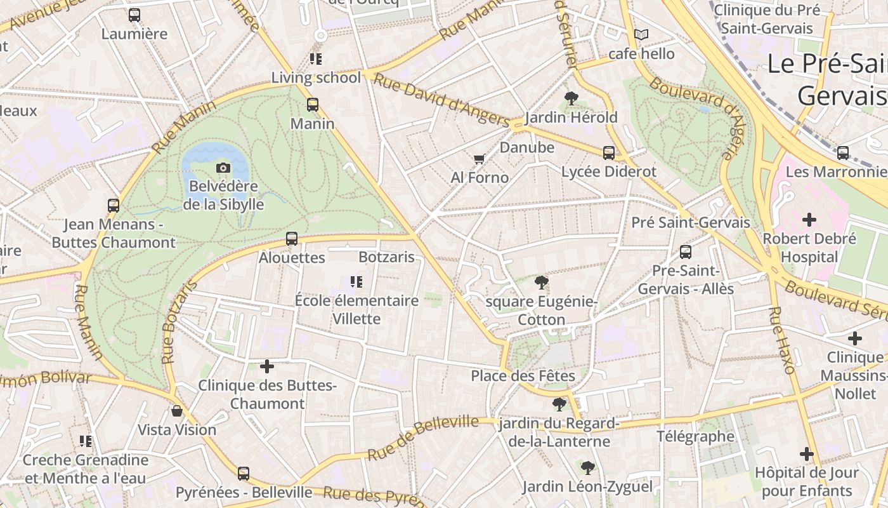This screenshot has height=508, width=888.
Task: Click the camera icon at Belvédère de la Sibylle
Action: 223,168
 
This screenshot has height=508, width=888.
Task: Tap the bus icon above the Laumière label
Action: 134,15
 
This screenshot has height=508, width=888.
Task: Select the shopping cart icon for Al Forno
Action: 480,159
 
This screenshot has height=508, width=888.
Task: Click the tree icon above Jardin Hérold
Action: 571,98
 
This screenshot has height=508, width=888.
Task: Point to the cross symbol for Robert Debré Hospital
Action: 809,220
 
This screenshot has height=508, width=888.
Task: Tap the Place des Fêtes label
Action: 523,376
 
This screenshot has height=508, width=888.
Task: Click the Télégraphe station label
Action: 695,436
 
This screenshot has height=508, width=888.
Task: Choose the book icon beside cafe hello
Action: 641,34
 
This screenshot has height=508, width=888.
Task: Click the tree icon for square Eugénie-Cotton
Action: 541,282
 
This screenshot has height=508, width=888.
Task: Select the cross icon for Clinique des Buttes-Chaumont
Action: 267,366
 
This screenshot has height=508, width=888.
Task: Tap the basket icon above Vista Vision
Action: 177,411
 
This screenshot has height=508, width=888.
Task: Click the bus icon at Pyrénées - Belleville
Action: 244,473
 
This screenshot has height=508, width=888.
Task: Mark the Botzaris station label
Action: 386,257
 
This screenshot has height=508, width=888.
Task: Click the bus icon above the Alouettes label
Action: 292,239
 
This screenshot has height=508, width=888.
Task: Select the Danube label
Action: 527,147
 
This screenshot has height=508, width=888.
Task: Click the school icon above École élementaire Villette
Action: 356,281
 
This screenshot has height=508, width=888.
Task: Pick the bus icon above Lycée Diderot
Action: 609,152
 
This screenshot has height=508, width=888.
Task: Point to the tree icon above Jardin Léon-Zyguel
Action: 587,468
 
